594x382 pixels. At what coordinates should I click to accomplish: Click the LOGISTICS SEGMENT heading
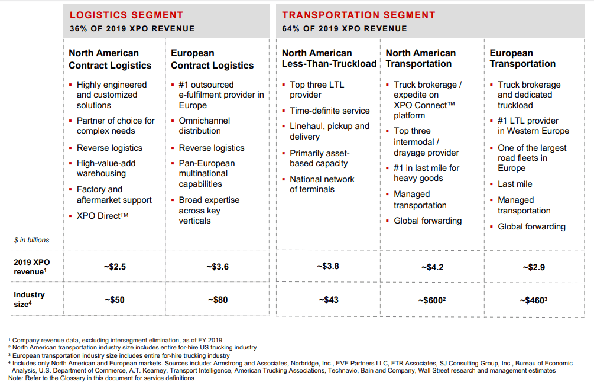click(x=126, y=15)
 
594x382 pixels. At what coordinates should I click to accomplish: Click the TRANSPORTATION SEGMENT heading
click(x=358, y=15)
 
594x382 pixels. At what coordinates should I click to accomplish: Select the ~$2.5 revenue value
click(x=115, y=267)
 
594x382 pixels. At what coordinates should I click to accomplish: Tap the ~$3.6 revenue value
click(x=218, y=267)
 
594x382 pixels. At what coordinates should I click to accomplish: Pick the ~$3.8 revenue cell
click(x=328, y=267)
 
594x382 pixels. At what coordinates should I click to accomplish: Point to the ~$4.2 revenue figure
click(x=432, y=267)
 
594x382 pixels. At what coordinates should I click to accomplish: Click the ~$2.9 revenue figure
click(x=534, y=267)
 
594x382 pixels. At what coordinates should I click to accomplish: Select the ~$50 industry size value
click(x=115, y=300)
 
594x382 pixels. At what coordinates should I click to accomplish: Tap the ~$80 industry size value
click(x=218, y=300)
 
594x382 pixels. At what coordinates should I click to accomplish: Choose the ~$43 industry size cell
click(x=329, y=300)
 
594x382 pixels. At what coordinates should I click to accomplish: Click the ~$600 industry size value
click(x=432, y=300)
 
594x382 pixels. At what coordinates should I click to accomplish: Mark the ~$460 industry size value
click(x=533, y=300)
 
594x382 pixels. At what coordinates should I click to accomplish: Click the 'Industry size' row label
click(x=29, y=299)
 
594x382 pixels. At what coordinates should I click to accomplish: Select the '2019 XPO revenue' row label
click(x=32, y=267)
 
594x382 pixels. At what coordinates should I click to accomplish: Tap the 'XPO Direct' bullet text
click(x=103, y=216)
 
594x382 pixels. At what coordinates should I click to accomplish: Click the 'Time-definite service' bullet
click(x=330, y=111)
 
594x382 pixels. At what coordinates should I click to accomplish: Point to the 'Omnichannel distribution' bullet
click(x=204, y=125)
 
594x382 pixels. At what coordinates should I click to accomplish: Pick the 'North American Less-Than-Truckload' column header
click(x=329, y=59)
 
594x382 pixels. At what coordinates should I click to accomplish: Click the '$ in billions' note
click(x=32, y=240)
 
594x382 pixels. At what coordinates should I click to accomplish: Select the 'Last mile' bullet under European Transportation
click(x=515, y=184)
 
